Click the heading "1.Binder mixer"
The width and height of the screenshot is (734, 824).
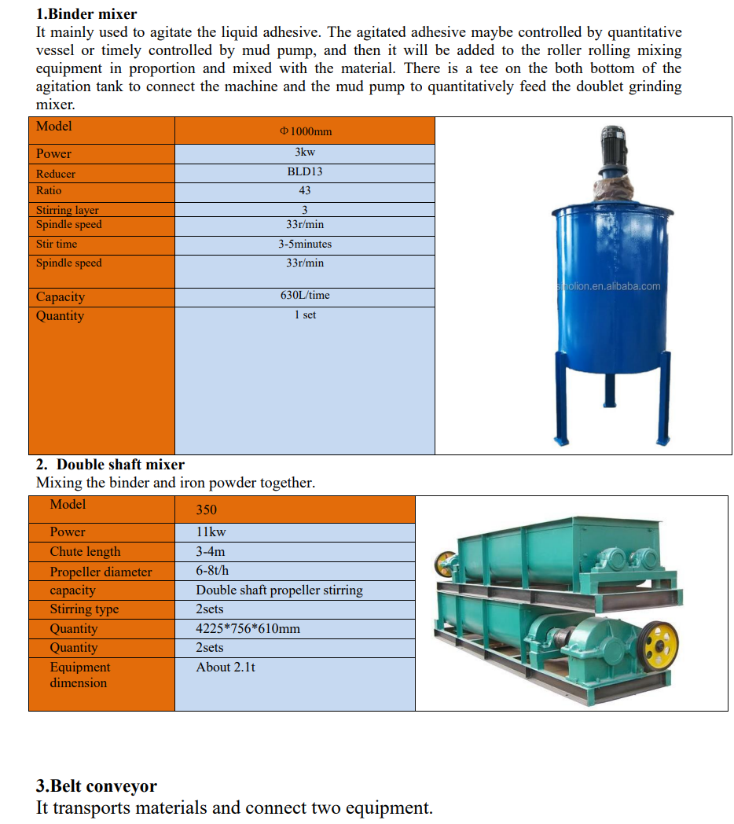pos(86,14)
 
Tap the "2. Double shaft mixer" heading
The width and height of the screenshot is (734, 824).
pos(110,465)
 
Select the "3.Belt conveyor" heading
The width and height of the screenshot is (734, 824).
pos(97,786)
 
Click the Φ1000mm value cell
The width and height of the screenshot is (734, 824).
pos(305,131)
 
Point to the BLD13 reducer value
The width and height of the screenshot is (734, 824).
pos(305,171)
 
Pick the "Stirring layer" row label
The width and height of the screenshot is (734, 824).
pos(68,210)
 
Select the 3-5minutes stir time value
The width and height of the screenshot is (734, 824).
pos(305,245)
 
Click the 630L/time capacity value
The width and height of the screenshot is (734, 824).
pos(305,296)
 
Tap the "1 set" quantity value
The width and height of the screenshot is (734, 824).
pos(305,315)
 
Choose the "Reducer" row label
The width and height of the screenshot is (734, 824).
pos(56,174)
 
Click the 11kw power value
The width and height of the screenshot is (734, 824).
pos(211,532)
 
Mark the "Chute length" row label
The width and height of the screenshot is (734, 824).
pos(85,552)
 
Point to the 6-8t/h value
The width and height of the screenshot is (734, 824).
pos(212,571)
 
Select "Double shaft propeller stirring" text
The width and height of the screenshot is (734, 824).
pos(279,590)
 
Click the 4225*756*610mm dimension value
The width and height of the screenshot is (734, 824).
pos(248,629)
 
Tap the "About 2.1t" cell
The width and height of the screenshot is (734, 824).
pos(226,668)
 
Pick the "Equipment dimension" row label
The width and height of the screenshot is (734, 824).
pos(79,675)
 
